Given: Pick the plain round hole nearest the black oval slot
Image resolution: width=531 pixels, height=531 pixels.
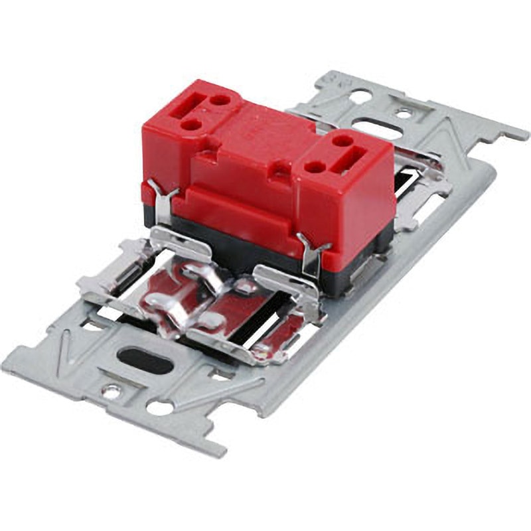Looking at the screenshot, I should point(159,407).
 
